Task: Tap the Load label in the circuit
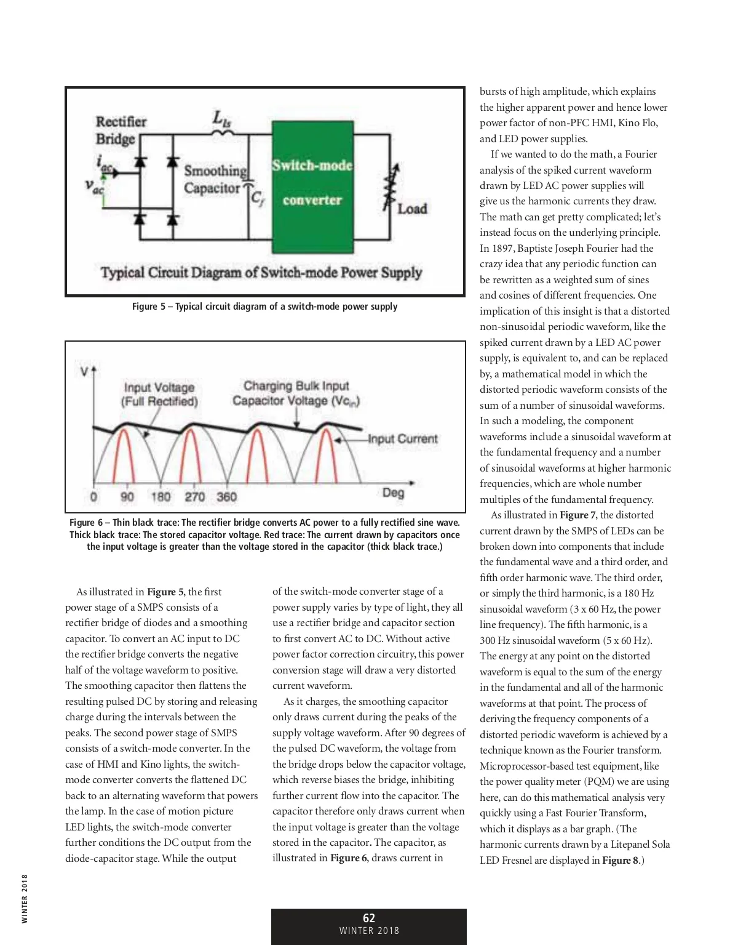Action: tap(411, 209)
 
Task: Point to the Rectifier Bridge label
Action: tap(121, 130)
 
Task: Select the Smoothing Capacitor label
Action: tap(215, 179)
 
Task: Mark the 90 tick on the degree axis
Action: tap(127, 496)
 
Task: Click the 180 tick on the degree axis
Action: tap(161, 496)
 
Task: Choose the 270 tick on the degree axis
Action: tap(194, 496)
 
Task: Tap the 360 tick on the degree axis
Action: tap(226, 496)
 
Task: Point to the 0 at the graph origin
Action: tap(93, 496)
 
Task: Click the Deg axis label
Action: tap(393, 493)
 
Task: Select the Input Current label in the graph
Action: tap(403, 439)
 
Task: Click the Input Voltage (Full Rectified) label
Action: tap(159, 395)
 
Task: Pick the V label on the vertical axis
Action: tap(84, 372)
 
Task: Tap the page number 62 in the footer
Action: tap(369, 918)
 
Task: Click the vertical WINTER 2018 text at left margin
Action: tap(25, 899)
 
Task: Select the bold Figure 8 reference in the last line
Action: tap(620, 860)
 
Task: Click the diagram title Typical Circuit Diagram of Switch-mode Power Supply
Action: tap(261, 272)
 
